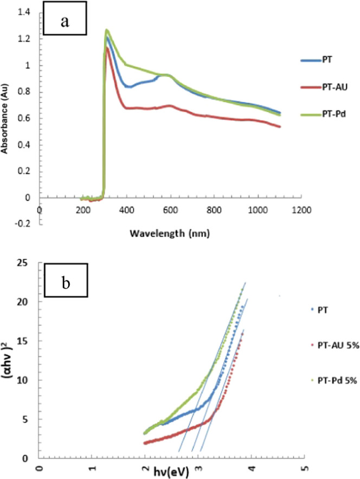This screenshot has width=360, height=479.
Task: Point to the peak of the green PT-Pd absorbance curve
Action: pyautogui.click(x=107, y=30)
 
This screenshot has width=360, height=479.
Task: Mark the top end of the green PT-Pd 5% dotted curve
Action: pyautogui.click(x=242, y=291)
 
